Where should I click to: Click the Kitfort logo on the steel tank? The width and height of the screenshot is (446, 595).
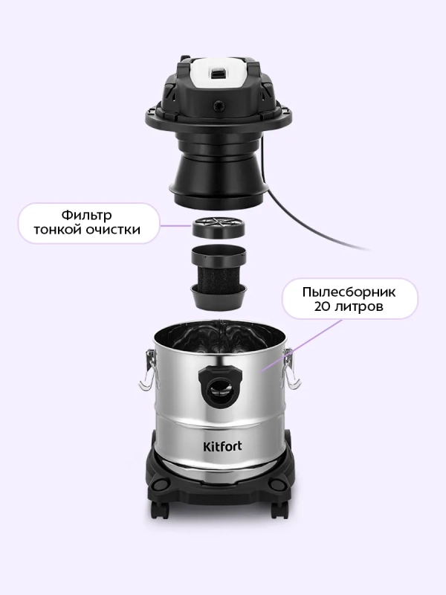222,446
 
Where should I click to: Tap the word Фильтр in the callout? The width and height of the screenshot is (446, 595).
86,215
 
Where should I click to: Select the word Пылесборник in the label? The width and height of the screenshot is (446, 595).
349,292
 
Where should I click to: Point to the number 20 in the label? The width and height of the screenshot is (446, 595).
322,306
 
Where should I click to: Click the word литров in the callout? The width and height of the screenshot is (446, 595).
359,306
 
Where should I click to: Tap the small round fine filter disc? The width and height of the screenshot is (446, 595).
218,227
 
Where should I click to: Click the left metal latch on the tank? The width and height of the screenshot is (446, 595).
148,369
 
